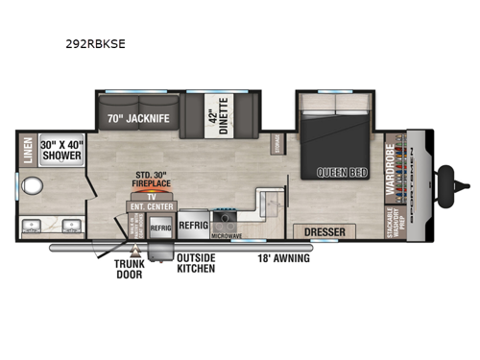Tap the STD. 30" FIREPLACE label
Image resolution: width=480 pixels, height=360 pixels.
[152, 180]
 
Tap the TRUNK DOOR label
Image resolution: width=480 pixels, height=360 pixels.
[131, 270]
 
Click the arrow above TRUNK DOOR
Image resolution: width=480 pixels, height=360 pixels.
[134, 252]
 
